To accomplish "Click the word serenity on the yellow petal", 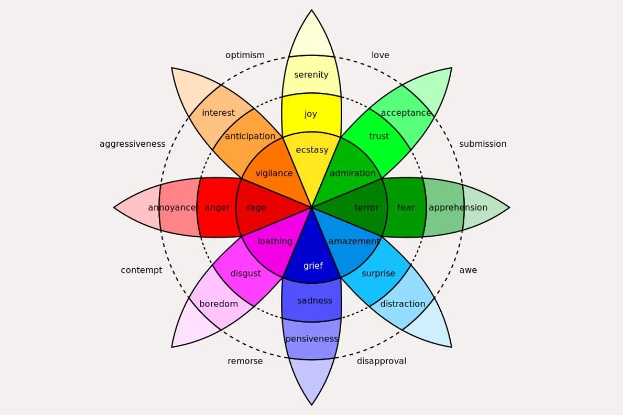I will (311, 75).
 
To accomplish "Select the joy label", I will (310, 114).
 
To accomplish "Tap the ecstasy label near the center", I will (312, 150).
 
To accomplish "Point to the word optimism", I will (245, 55).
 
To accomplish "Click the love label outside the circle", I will (380, 55).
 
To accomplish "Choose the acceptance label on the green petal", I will (406, 113).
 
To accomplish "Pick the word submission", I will (483, 144).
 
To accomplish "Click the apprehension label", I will (458, 208).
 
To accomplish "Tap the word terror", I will (367, 208).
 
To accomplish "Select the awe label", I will (468, 270).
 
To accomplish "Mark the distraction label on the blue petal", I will (403, 304).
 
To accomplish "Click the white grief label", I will (313, 266).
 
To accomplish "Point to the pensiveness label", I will (311, 339).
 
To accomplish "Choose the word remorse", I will (245, 361).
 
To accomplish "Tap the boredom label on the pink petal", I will (219, 304).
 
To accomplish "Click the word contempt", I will (141, 270).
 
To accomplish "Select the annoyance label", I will (172, 208).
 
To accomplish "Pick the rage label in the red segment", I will (256, 208).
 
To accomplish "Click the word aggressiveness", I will (132, 144).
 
